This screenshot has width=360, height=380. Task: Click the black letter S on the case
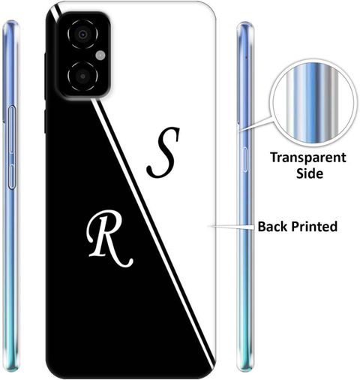pos(163,152)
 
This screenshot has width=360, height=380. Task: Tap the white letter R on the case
pos(109,238)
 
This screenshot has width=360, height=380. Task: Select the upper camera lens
pos(82,34)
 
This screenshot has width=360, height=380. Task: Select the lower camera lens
pos(82,76)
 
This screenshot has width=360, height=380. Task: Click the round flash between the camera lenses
pos(100,56)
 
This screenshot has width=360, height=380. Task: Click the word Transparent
pos(308,158)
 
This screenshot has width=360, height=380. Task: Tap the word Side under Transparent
pos(310,173)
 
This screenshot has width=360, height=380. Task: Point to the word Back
pos(273,226)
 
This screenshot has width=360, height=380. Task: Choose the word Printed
pos(314,226)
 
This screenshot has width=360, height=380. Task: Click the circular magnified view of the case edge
pos(313,103)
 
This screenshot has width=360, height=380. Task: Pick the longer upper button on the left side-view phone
pos(12,129)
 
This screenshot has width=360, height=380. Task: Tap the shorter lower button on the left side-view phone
pos(12,176)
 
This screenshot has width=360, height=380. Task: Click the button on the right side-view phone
pos(244,159)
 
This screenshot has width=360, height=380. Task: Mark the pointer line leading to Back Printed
pos(232,227)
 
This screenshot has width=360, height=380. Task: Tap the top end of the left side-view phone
pos(10,22)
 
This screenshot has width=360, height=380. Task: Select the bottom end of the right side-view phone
pos(245,369)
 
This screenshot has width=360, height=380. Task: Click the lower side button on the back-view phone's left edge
pos(45,122)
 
